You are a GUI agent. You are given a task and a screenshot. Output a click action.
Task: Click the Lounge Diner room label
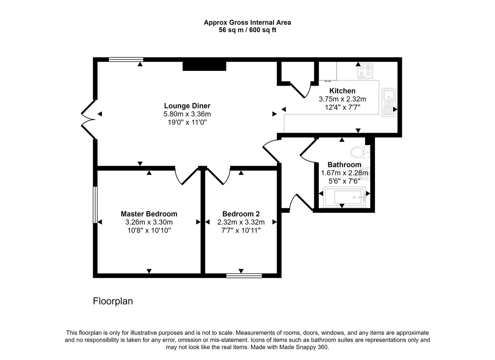187,106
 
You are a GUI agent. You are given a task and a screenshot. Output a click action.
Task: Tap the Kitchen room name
342,91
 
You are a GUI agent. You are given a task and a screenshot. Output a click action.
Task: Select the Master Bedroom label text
149,214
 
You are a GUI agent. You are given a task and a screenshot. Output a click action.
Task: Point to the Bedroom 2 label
241,214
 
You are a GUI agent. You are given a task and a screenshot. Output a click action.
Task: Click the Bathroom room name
344,165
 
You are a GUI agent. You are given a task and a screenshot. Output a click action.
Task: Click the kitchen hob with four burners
365,71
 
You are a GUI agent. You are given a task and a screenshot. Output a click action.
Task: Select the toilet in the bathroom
360,153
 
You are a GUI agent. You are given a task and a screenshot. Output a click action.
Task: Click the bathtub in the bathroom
345,197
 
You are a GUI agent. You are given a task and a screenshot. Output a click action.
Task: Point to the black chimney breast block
205,66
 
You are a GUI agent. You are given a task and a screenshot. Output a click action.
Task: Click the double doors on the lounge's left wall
89,119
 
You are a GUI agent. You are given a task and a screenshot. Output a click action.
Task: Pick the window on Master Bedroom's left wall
95,205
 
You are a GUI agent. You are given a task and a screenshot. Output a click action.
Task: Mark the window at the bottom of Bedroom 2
244,275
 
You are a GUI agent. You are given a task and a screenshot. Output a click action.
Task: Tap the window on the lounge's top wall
126,59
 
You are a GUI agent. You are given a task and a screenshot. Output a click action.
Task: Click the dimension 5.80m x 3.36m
187,114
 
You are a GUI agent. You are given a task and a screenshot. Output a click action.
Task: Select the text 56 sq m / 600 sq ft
247,30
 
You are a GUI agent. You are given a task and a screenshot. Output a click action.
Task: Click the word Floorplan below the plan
113,301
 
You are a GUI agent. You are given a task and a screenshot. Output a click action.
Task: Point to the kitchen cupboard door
301,90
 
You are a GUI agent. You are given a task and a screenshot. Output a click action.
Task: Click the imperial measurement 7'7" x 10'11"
241,230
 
